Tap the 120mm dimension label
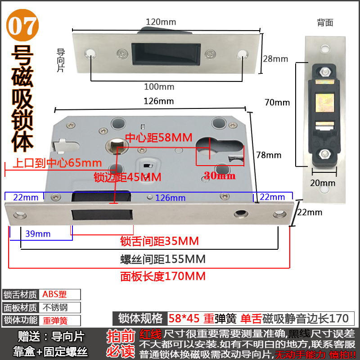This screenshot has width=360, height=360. pyautogui.click(x=161, y=22)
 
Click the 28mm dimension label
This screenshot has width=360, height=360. pyautogui.click(x=275, y=58)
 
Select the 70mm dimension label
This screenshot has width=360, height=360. pyautogui.click(x=277, y=102)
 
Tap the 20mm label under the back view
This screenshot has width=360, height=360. pyautogui.click(x=323, y=183)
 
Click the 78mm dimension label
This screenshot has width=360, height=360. pyautogui.click(x=269, y=155)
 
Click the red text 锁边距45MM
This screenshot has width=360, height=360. pyautogui.click(x=127, y=177)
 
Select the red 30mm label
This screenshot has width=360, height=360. pyautogui.click(x=220, y=175)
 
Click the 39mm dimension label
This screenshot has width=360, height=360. pyautogui.click(x=38, y=234)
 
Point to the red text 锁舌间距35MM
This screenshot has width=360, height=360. pyautogui.click(x=159, y=241)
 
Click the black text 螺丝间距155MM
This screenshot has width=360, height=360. pyautogui.click(x=163, y=259)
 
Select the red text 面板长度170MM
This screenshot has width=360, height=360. pyautogui.click(x=163, y=275)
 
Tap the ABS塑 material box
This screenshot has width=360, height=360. pyautogui.click(x=60, y=294)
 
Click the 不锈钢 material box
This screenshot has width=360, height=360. pyautogui.click(x=60, y=308)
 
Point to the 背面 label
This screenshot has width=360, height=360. pyautogui.click(x=325, y=22)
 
